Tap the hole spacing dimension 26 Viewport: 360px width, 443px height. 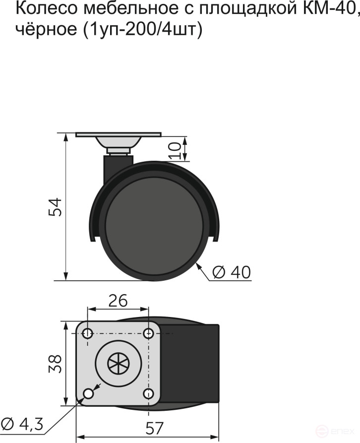(x=118, y=301)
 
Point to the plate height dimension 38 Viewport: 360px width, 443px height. (x=56, y=364)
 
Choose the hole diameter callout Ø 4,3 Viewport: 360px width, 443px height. (x=22, y=424)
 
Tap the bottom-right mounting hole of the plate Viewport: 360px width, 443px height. (x=148, y=393)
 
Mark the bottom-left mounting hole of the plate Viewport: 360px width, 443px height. (x=88, y=393)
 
